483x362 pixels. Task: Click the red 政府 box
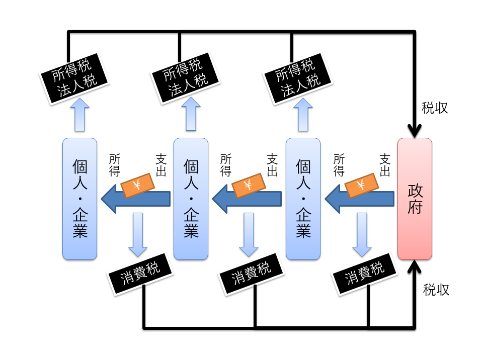(x=415, y=199)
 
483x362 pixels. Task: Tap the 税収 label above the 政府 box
(x=435, y=108)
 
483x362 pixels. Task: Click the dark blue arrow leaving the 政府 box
(x=359, y=199)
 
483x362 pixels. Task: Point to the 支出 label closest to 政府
(x=385, y=165)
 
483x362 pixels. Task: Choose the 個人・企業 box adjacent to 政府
(x=303, y=199)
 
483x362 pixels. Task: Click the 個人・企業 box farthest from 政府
(x=79, y=199)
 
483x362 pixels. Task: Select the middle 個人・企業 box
(x=191, y=199)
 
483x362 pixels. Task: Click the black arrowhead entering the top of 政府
(x=415, y=131)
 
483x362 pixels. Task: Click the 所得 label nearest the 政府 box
(x=339, y=165)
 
